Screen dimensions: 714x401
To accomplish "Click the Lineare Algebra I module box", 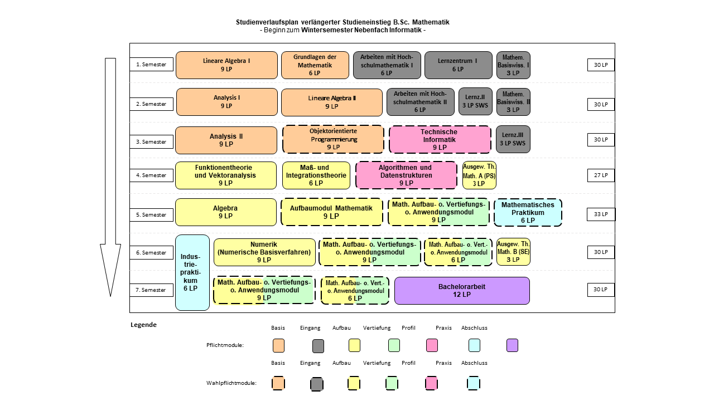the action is [x=226, y=65].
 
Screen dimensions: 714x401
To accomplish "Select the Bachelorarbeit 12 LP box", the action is [x=462, y=291].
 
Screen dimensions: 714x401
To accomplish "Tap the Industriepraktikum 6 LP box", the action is [x=192, y=272].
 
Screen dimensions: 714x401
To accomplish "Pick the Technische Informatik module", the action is [x=440, y=139].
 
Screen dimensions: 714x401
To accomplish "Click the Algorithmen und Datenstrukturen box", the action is [x=407, y=175].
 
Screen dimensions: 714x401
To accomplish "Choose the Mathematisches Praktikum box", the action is [x=528, y=213].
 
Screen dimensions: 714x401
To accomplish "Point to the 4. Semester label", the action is [x=151, y=175].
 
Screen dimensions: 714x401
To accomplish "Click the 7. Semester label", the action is [x=151, y=290].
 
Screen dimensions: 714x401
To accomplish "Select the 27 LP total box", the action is [x=601, y=175].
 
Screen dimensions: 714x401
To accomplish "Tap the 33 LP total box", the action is [x=601, y=214].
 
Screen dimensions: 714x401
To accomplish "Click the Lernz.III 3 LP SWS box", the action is [x=513, y=139].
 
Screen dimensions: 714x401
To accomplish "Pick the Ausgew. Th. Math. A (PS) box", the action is [x=479, y=175].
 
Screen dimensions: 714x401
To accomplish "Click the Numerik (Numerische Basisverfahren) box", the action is [x=264, y=252].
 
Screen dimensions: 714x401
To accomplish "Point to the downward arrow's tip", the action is [x=110, y=296].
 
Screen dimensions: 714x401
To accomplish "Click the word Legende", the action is [x=144, y=325].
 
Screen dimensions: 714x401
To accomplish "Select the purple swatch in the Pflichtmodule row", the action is [x=512, y=346].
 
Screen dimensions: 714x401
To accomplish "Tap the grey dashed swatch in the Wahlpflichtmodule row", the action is [x=317, y=384].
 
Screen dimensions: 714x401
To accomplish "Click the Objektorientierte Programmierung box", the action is [x=334, y=139].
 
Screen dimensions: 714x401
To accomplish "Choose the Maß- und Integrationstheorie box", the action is [x=316, y=175].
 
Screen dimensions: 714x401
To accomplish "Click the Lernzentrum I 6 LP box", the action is [x=459, y=65].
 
